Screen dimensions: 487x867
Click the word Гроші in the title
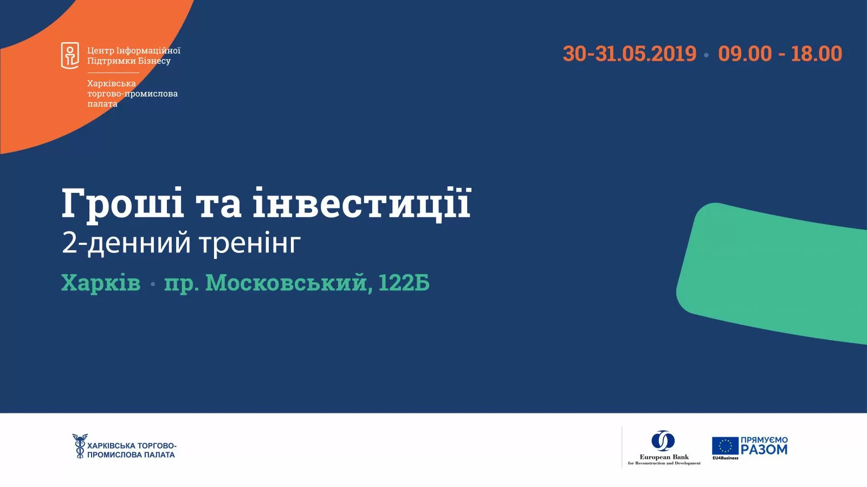(122, 204)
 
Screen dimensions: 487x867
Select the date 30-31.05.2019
(629, 54)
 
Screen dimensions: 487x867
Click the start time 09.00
(745, 54)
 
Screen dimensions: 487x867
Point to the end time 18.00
(816, 54)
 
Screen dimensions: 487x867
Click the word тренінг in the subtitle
(250, 243)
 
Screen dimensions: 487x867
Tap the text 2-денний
(126, 243)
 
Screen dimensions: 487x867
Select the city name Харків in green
(101, 283)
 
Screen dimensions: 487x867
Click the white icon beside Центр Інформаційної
(70, 55)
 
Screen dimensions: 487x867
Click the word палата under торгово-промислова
(102, 104)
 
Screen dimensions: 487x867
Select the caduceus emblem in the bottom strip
(79, 446)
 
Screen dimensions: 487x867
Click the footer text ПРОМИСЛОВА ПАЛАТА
(131, 455)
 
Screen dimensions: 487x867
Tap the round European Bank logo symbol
(663, 440)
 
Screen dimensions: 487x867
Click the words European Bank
(664, 457)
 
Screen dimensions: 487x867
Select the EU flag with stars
(725, 446)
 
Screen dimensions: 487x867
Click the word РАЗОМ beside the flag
(764, 450)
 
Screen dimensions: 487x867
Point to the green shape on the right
(775, 271)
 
